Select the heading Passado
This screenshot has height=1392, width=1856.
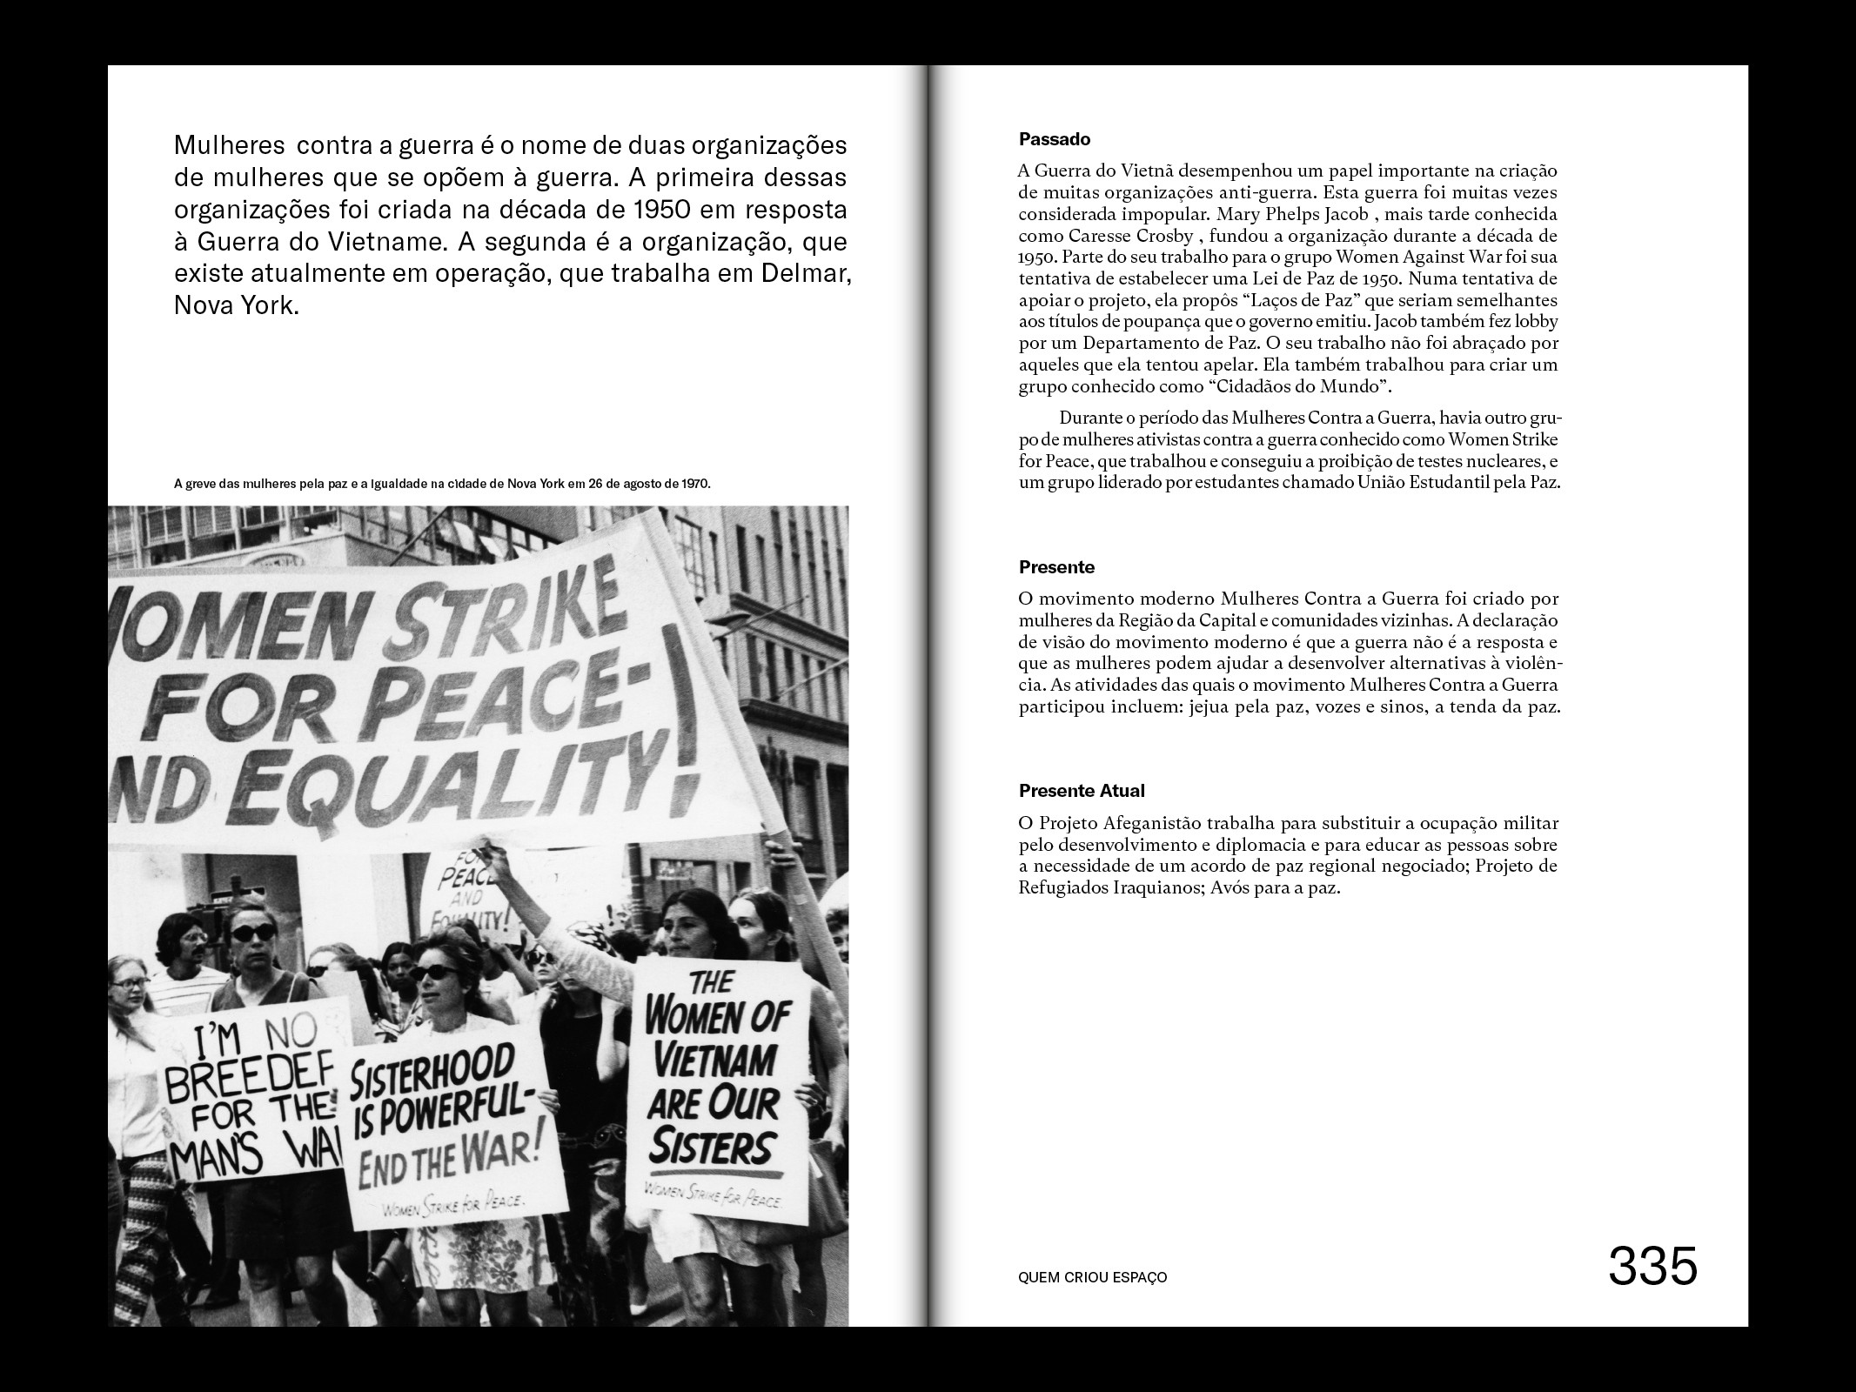pos(1055,139)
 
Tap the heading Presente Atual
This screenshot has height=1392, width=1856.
pos(1082,791)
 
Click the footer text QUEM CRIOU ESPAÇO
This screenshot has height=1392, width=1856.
pos(1092,1278)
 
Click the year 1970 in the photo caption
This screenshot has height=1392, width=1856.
pos(695,484)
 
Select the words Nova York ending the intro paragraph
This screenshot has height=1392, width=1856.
pos(236,307)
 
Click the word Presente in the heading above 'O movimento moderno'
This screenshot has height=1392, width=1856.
pos(1056,568)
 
